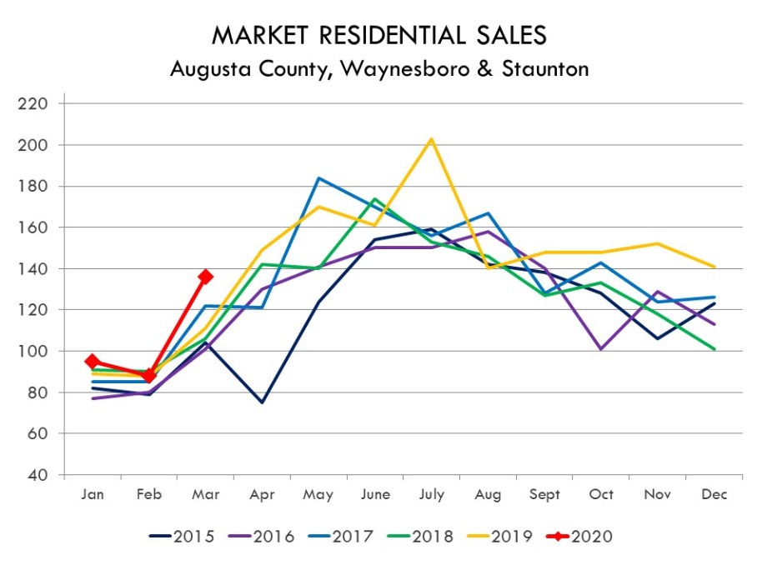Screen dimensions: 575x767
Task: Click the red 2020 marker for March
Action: tap(205, 277)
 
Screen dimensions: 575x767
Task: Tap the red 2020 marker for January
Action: tap(92, 362)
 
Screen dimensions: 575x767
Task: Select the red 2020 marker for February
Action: tap(148, 376)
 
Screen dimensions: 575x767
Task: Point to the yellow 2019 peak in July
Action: tap(431, 138)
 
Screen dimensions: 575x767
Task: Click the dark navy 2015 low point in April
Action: tap(262, 402)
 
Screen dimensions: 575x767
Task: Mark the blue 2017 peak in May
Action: tap(318, 177)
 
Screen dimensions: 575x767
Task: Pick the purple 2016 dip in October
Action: tap(601, 349)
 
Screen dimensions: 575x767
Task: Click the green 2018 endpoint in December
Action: tap(714, 349)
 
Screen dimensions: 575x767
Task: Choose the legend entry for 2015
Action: tap(183, 536)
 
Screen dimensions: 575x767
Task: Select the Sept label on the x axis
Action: tap(544, 494)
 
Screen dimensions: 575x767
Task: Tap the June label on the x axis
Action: tap(374, 494)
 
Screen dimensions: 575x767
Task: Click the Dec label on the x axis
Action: tap(714, 494)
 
